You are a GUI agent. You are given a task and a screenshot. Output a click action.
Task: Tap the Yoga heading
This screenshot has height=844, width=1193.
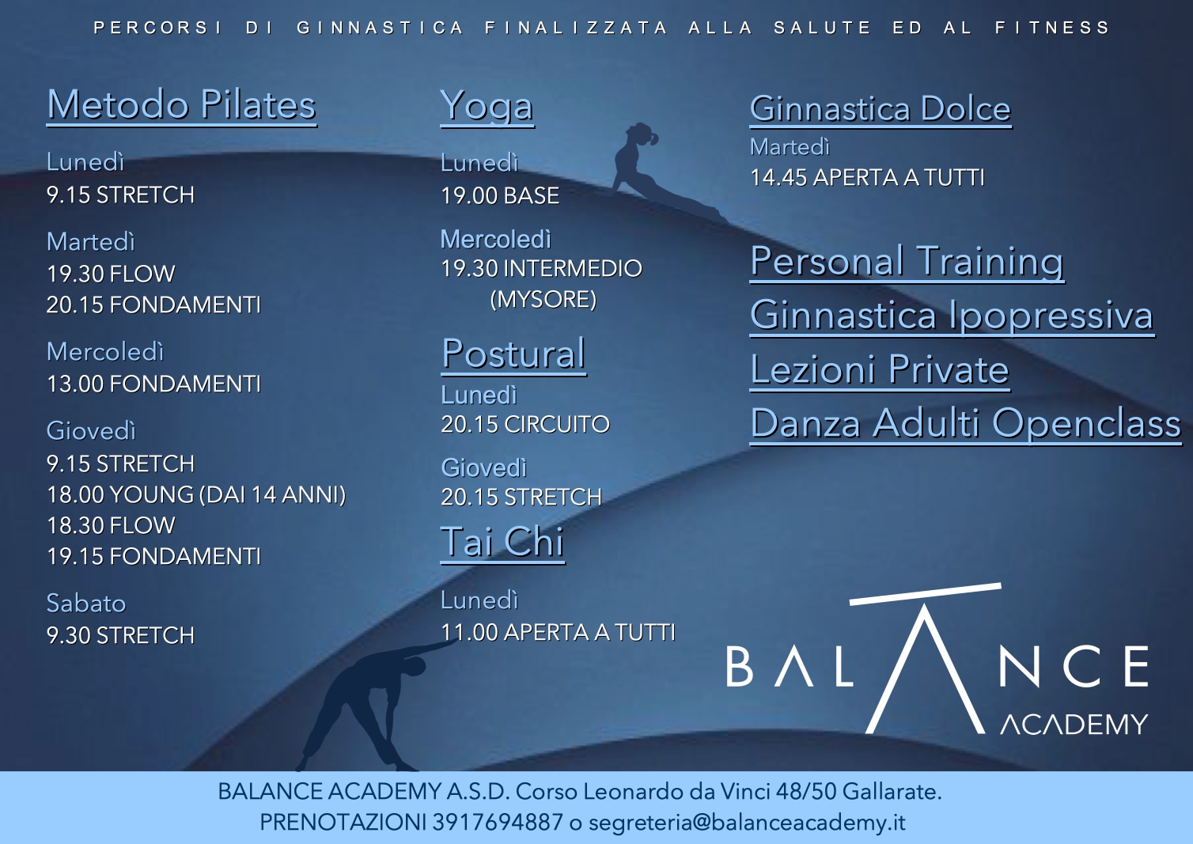click(x=487, y=108)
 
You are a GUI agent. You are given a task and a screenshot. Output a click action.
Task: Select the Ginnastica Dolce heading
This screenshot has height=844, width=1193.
click(x=881, y=110)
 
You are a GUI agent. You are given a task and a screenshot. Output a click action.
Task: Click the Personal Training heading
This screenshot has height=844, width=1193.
click(x=907, y=263)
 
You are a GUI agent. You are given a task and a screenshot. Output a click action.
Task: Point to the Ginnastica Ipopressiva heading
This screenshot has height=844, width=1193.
click(x=952, y=316)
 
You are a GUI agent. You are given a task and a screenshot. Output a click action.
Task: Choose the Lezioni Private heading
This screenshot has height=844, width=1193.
click(x=879, y=371)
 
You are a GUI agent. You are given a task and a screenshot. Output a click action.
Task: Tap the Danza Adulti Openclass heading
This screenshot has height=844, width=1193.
click(x=966, y=425)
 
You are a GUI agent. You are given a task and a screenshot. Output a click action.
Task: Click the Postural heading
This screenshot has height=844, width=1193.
click(x=514, y=354)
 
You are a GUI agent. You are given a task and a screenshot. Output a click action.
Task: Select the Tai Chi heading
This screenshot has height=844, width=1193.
click(x=502, y=543)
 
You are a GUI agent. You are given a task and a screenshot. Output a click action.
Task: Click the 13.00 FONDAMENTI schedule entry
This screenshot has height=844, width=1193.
click(x=154, y=384)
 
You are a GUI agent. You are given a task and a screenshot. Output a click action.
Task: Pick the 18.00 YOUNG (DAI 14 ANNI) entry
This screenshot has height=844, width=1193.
click(x=196, y=494)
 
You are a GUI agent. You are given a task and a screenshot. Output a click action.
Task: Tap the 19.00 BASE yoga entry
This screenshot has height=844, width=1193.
click(x=500, y=196)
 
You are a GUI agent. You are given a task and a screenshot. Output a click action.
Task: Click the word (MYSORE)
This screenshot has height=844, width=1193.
click(x=543, y=300)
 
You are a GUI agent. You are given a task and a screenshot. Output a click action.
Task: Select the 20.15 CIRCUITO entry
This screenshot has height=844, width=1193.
click(x=525, y=425)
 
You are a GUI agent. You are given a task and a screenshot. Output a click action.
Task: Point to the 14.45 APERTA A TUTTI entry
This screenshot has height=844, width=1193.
click(x=867, y=178)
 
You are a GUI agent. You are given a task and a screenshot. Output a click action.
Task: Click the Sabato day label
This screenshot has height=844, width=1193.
click(x=86, y=604)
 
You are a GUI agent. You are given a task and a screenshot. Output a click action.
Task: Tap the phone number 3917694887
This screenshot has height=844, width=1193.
click(x=498, y=823)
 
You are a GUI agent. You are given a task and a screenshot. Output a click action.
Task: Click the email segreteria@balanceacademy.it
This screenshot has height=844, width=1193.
click(x=747, y=823)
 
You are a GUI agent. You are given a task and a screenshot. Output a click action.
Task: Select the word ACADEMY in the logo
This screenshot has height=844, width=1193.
click(x=1074, y=725)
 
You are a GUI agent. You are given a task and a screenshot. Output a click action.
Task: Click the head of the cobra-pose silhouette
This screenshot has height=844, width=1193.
click(x=642, y=134)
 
